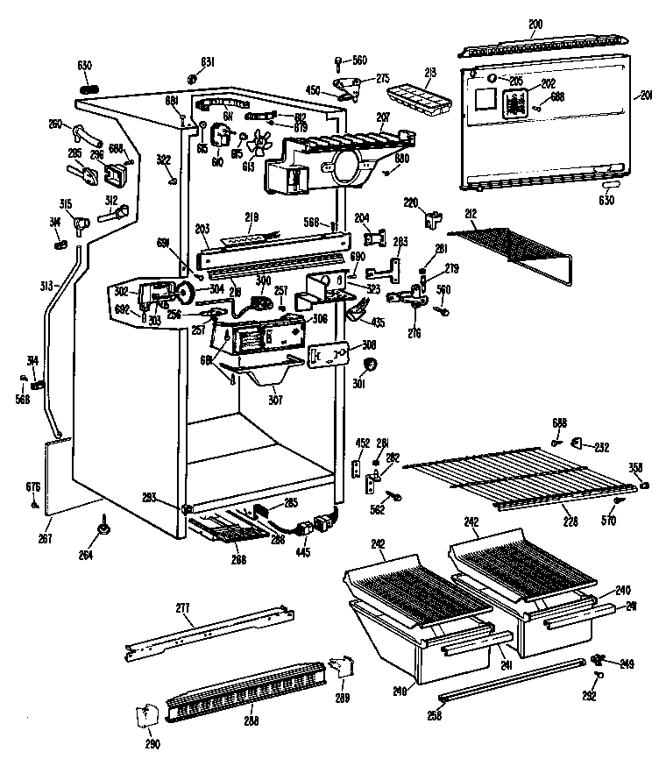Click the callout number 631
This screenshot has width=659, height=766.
(x=207, y=61)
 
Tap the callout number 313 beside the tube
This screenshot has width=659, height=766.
(x=45, y=286)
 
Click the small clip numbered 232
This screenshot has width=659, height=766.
(x=578, y=444)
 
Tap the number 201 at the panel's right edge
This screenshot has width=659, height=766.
(x=647, y=96)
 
